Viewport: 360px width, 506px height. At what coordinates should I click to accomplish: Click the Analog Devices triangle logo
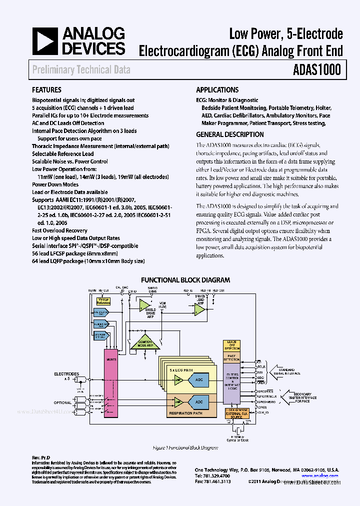pyautogui.click(x=45, y=40)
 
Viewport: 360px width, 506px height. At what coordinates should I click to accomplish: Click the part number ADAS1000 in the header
pyautogui.click(x=317, y=69)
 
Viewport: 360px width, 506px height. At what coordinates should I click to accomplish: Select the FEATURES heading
pyautogui.click(x=46, y=90)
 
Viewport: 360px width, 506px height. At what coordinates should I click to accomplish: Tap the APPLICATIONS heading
pyautogui.click(x=217, y=90)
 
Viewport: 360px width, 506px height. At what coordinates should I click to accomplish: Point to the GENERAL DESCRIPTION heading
pyautogui.click(x=230, y=134)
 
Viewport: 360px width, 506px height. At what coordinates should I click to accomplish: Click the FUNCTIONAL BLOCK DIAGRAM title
pyautogui.click(x=185, y=280)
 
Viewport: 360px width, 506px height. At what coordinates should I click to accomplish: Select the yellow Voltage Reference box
pyautogui.click(x=103, y=301)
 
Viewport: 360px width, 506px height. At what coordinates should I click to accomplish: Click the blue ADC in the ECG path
pyautogui.click(x=199, y=380)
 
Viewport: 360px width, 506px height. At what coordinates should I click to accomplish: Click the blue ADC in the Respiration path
pyautogui.click(x=199, y=401)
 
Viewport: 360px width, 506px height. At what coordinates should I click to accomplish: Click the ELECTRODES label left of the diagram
pyautogui.click(x=66, y=373)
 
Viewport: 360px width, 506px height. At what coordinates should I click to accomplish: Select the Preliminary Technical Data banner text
pyautogui.click(x=81, y=69)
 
